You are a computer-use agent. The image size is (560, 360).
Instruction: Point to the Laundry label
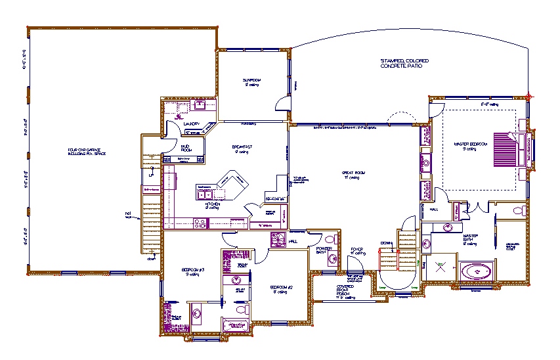(x=191, y=123)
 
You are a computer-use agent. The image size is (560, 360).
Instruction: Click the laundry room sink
(x=200, y=106)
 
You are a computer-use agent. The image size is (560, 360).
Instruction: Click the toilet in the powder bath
(x=332, y=258)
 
